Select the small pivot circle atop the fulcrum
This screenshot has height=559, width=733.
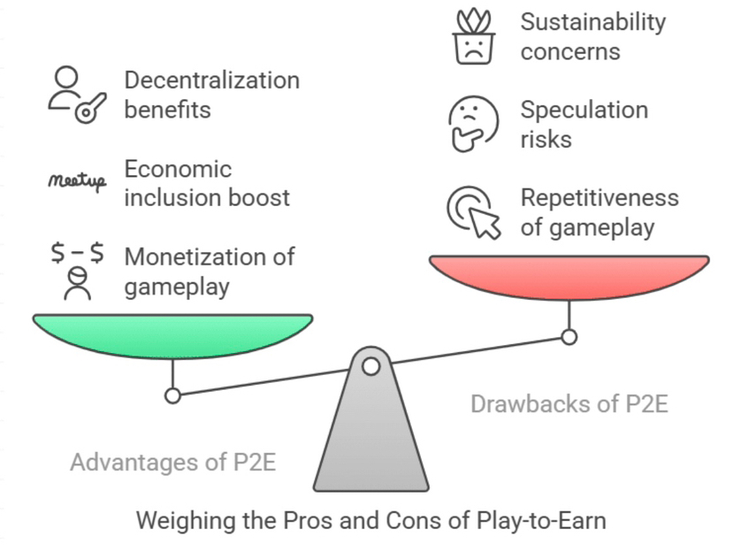371,366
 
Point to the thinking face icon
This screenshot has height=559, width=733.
472,125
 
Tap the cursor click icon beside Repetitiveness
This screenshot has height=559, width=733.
473,213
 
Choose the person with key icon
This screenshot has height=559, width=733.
75,95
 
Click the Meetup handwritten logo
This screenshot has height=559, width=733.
76,182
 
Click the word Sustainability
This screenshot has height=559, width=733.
592,21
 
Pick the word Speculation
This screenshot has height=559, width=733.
584,110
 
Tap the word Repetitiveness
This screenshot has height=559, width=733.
599,197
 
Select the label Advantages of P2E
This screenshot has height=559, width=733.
173,462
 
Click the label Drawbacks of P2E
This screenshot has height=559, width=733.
569,404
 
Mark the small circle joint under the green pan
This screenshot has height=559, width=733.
173,395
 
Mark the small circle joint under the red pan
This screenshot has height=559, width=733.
569,336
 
